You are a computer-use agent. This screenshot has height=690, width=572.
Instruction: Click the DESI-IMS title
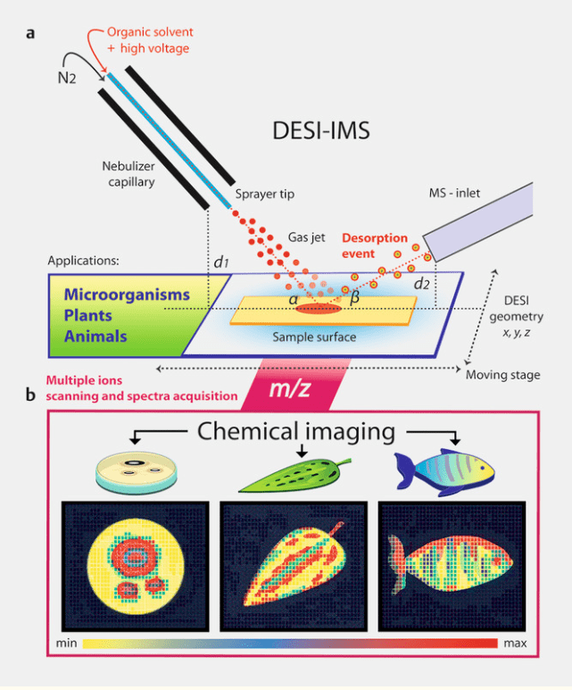pyautogui.click(x=320, y=132)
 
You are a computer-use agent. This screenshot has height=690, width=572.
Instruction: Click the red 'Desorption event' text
pyautogui.click(x=376, y=245)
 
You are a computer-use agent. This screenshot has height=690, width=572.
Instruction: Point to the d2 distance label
pyautogui.click(x=422, y=284)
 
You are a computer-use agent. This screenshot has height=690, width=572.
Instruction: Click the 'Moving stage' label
pyautogui.click(x=503, y=374)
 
